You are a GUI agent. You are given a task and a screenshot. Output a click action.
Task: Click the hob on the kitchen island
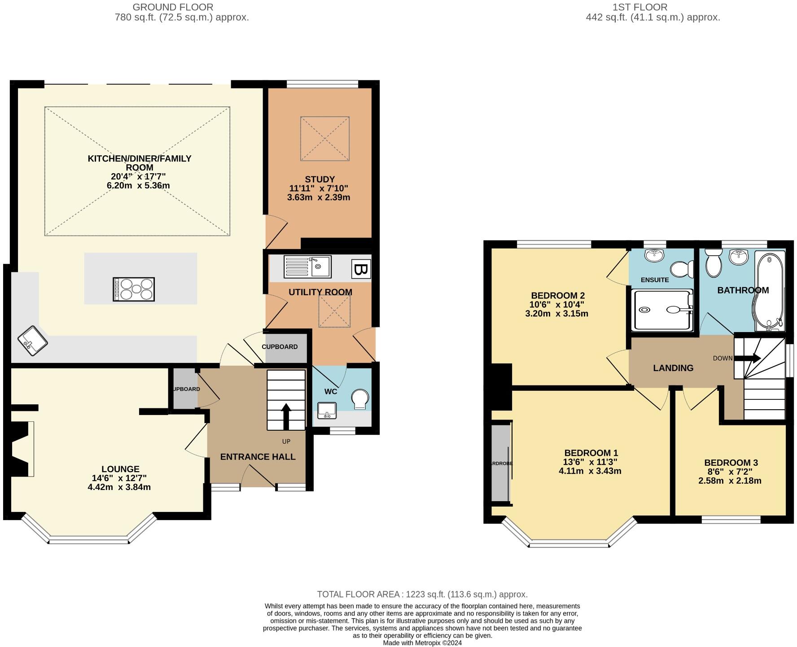(x=134, y=289)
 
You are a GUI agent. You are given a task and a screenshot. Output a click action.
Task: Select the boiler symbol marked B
(x=360, y=270)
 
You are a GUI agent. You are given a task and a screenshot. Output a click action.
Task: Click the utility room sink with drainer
(x=307, y=267)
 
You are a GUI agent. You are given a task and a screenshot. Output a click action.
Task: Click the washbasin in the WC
(x=327, y=410)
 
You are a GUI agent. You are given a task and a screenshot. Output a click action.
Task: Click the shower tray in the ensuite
(x=661, y=310)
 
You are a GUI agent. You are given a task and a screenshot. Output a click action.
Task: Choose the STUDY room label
(x=320, y=179)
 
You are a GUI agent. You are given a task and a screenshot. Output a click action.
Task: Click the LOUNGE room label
(x=120, y=469)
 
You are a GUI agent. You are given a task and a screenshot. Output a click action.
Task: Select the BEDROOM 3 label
(x=731, y=463)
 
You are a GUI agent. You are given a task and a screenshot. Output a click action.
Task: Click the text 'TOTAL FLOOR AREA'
(x=358, y=595)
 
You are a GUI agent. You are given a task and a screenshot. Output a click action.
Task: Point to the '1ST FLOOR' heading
(x=640, y=7)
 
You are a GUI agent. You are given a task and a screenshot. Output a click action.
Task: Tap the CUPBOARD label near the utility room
(x=280, y=347)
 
